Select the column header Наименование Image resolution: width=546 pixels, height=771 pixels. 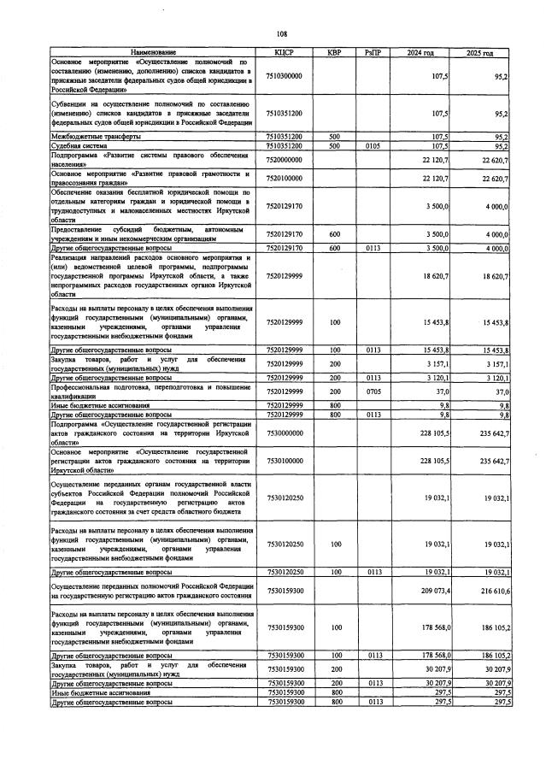[x=153, y=53]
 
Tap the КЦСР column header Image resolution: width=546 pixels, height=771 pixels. [x=285, y=53]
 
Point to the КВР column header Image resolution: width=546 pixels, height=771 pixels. [x=334, y=53]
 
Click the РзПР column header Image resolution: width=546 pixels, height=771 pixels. [x=373, y=53]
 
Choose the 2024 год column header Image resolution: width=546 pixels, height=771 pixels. [x=421, y=53]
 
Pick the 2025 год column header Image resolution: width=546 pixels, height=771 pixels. [x=480, y=53]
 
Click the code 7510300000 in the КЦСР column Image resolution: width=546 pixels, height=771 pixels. [x=285, y=76]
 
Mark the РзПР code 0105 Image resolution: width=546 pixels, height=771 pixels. [x=373, y=146]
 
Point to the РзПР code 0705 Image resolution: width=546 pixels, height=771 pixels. [x=373, y=391]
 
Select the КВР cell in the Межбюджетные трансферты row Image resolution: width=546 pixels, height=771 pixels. [x=334, y=137]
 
